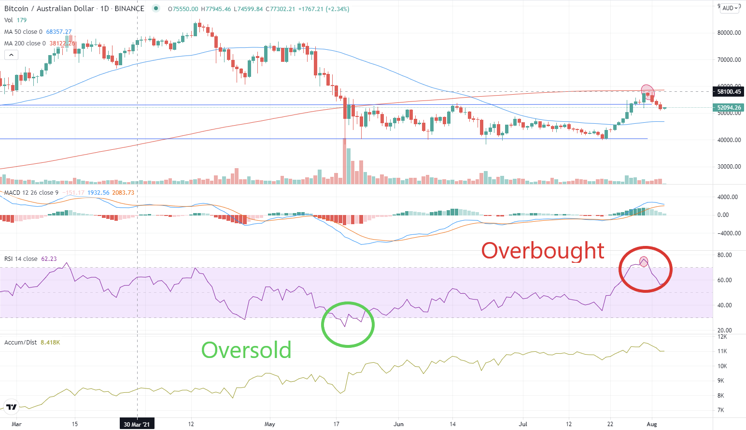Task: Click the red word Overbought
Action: (x=543, y=251)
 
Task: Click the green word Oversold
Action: (x=246, y=350)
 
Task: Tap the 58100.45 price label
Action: (x=729, y=91)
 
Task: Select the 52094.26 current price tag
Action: (x=729, y=108)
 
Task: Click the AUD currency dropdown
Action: (x=730, y=8)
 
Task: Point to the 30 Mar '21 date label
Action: (x=137, y=424)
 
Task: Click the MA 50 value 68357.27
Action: (x=59, y=32)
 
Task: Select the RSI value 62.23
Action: (x=49, y=259)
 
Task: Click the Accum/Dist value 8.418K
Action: (x=50, y=343)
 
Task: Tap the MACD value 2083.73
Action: (x=123, y=193)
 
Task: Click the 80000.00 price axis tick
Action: (x=729, y=33)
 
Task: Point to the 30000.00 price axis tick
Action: (x=729, y=167)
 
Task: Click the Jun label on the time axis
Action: (x=398, y=424)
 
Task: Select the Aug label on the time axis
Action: (x=651, y=424)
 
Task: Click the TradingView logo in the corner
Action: (x=12, y=407)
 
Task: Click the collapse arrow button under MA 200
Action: (x=11, y=55)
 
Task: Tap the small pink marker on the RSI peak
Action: (x=644, y=261)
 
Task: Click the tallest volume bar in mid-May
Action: (x=344, y=162)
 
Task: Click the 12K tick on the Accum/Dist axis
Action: (x=722, y=337)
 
